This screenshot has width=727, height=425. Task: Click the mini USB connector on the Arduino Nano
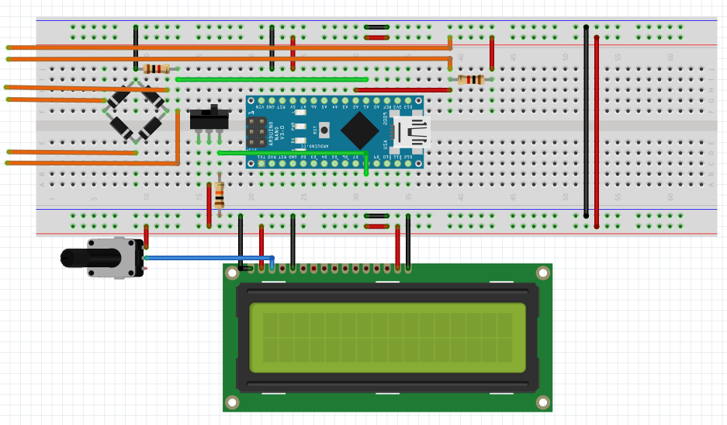click(411, 132)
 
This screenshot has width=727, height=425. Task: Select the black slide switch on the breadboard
click(209, 120)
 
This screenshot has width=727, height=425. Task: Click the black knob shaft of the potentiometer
click(74, 258)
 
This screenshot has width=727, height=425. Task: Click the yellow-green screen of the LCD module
click(387, 337)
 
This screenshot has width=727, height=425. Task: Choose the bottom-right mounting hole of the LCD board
click(543, 402)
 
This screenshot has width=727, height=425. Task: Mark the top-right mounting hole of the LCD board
click(543, 273)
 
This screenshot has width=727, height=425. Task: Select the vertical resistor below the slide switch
click(220, 193)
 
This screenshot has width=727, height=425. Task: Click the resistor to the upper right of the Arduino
click(471, 79)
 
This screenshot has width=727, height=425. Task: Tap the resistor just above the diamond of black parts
click(156, 68)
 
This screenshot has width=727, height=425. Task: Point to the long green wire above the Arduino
click(272, 79)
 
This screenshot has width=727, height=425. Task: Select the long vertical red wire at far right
click(597, 132)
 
